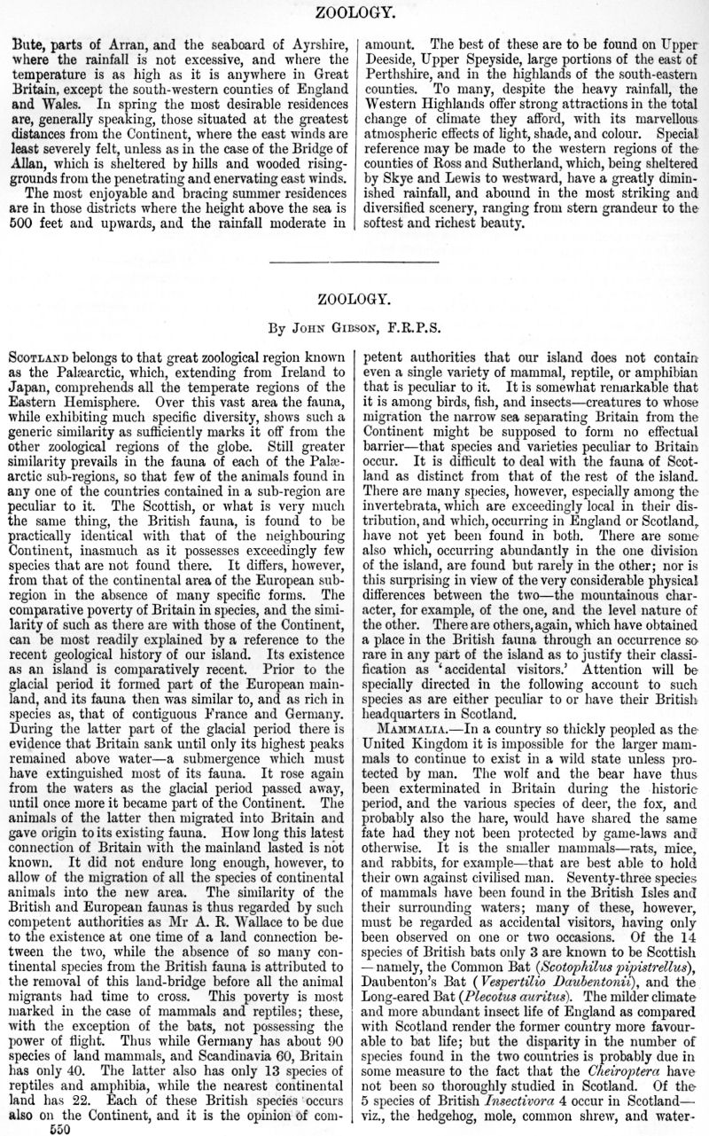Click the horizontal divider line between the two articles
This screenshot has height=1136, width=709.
[354, 263]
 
